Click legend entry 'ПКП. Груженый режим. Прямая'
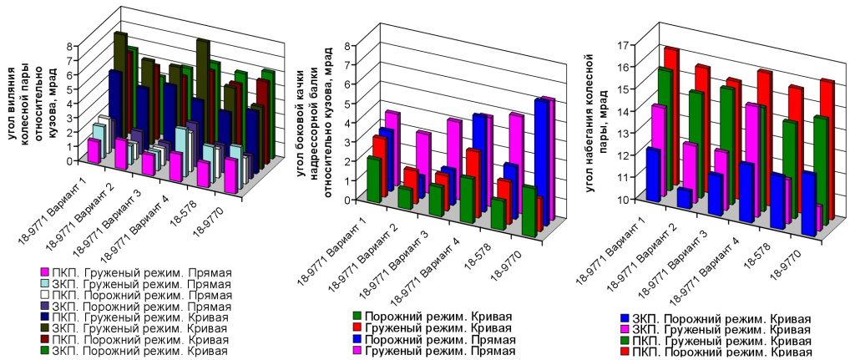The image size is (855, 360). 134,272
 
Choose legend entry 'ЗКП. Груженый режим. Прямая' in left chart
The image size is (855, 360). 134,286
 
